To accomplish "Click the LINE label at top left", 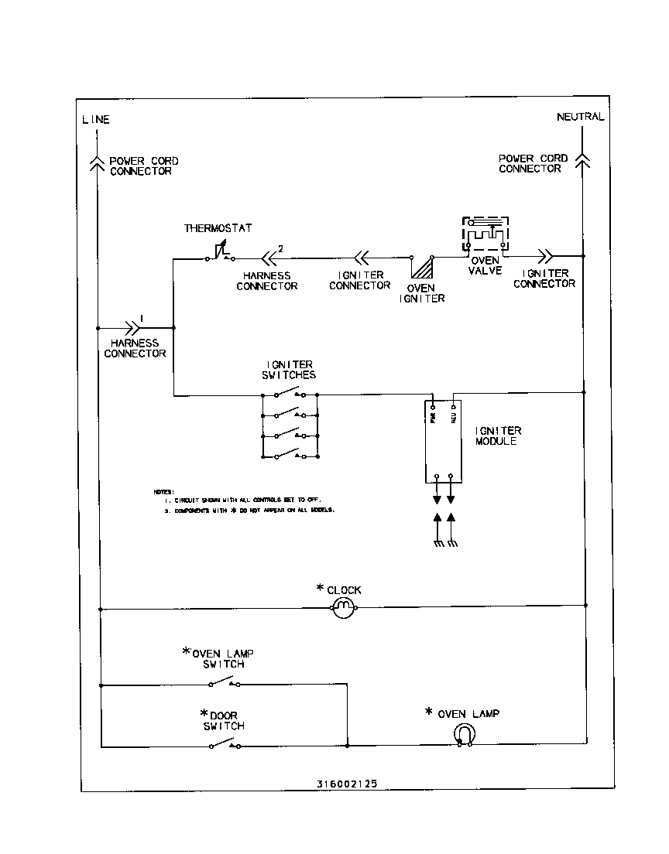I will pos(96,119).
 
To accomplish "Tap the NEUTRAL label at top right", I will pos(580,117).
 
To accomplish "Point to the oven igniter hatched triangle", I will pos(423,268).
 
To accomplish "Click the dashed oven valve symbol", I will pos(485,234).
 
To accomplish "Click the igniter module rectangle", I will pos(444,441).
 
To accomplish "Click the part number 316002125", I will pos(347,783).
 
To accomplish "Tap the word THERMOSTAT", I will pos(218,228).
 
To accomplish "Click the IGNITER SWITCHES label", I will pos(286,370).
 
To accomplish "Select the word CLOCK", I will pos(344,589).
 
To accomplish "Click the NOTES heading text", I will pos(163,492).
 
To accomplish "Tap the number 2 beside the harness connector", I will pos(280,248).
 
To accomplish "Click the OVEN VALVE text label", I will pos(485,266).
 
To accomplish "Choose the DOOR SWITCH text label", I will pos(224,721).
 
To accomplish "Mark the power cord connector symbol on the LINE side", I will pos(97,161).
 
